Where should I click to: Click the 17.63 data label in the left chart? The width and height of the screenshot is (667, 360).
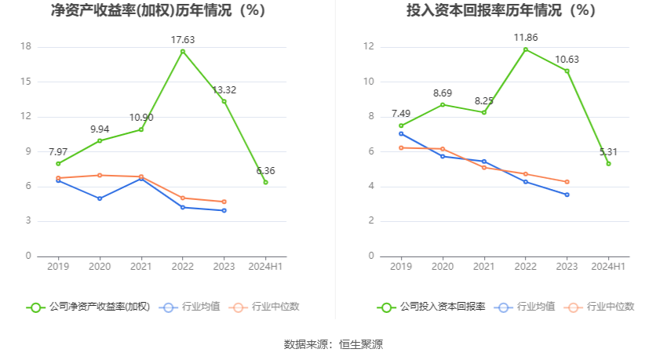pyautogui.click(x=183, y=39)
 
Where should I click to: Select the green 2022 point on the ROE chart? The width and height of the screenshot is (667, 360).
pyautogui.click(x=183, y=52)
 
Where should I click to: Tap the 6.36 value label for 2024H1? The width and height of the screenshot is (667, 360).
pyautogui.click(x=266, y=170)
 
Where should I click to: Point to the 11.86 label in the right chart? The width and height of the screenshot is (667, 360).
pyautogui.click(x=525, y=37)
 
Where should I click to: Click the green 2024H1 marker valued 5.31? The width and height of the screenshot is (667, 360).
pyautogui.click(x=608, y=163)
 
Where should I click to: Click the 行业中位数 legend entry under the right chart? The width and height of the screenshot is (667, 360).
pyautogui.click(x=605, y=307)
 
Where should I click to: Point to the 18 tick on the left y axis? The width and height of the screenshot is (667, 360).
pyautogui.click(x=26, y=47)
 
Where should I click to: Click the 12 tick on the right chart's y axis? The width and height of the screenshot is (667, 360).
pyautogui.click(x=368, y=47)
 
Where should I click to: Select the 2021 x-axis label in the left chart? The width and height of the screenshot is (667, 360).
pyautogui.click(x=141, y=267)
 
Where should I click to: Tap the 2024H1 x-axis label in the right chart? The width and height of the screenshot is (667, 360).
pyautogui.click(x=608, y=267)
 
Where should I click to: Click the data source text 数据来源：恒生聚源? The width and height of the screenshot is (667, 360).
pyautogui.click(x=333, y=344)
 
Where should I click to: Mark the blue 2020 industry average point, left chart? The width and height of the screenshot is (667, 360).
pyautogui.click(x=100, y=198)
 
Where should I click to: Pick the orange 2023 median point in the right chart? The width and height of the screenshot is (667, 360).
pyautogui.click(x=567, y=182)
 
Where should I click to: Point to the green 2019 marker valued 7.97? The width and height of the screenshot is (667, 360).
pyautogui.click(x=58, y=163)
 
